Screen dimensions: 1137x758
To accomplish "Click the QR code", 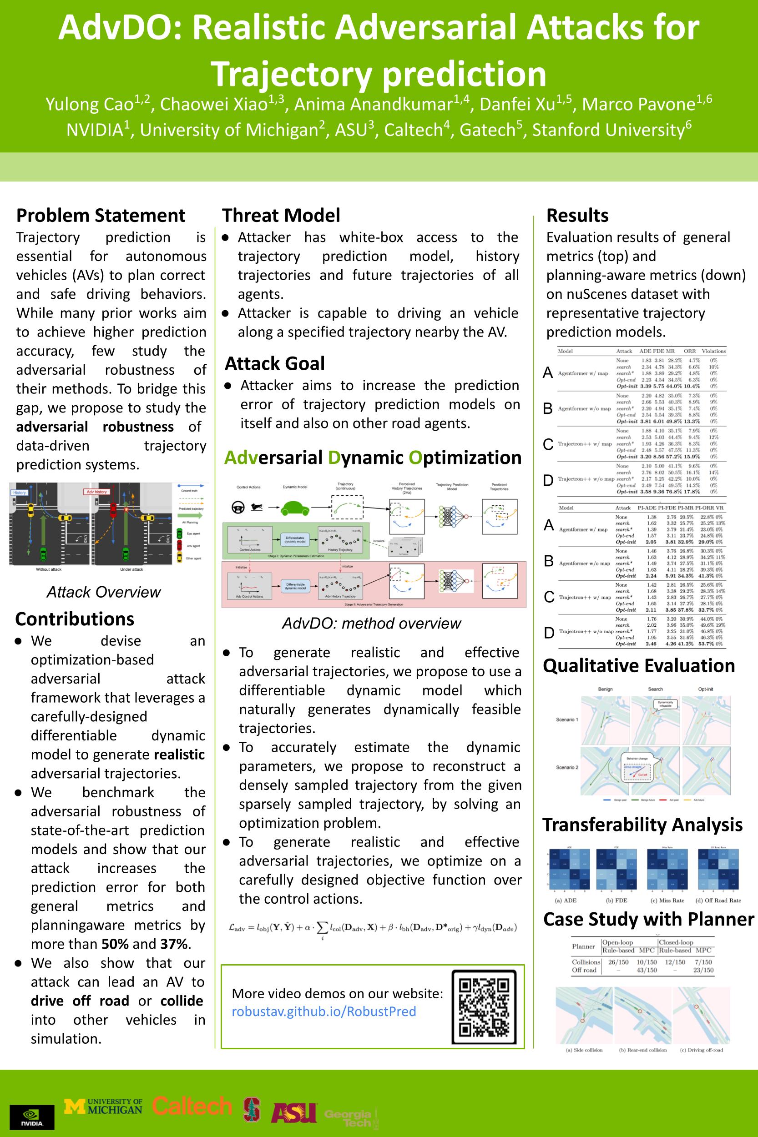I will pyautogui.click(x=484, y=1007).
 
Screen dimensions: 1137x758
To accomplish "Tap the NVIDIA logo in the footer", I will pyautogui.click(x=32, y=1117).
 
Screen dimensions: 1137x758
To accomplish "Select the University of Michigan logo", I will pyautogui.click(x=103, y=1106).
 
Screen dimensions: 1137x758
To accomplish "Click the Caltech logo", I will pyautogui.click(x=192, y=1106).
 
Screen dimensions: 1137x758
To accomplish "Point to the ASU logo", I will pyautogui.click(x=293, y=1112).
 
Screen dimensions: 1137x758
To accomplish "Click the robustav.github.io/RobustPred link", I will pyautogui.click(x=323, y=1011).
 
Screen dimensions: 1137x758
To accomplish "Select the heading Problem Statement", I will pyautogui.click(x=101, y=216).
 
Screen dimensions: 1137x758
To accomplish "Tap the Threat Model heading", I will pyautogui.click(x=281, y=216).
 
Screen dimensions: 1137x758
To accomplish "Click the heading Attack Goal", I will pyautogui.click(x=275, y=363).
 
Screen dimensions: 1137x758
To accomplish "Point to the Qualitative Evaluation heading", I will pyautogui.click(x=639, y=666).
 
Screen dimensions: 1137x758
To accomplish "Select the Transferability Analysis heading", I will pyautogui.click(x=642, y=825).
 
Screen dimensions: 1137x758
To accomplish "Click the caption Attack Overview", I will pyautogui.click(x=103, y=592).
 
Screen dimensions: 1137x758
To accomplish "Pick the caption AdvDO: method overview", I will pyautogui.click(x=371, y=624).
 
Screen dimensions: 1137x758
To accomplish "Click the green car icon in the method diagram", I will pyautogui.click(x=295, y=508).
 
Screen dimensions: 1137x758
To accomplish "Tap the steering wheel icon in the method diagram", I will pyautogui.click(x=238, y=508).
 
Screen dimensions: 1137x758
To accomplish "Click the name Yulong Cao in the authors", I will pyautogui.click(x=90, y=104).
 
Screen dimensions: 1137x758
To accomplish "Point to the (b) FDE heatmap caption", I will pyautogui.click(x=617, y=900).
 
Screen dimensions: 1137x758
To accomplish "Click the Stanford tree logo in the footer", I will pyautogui.click(x=251, y=1109).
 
